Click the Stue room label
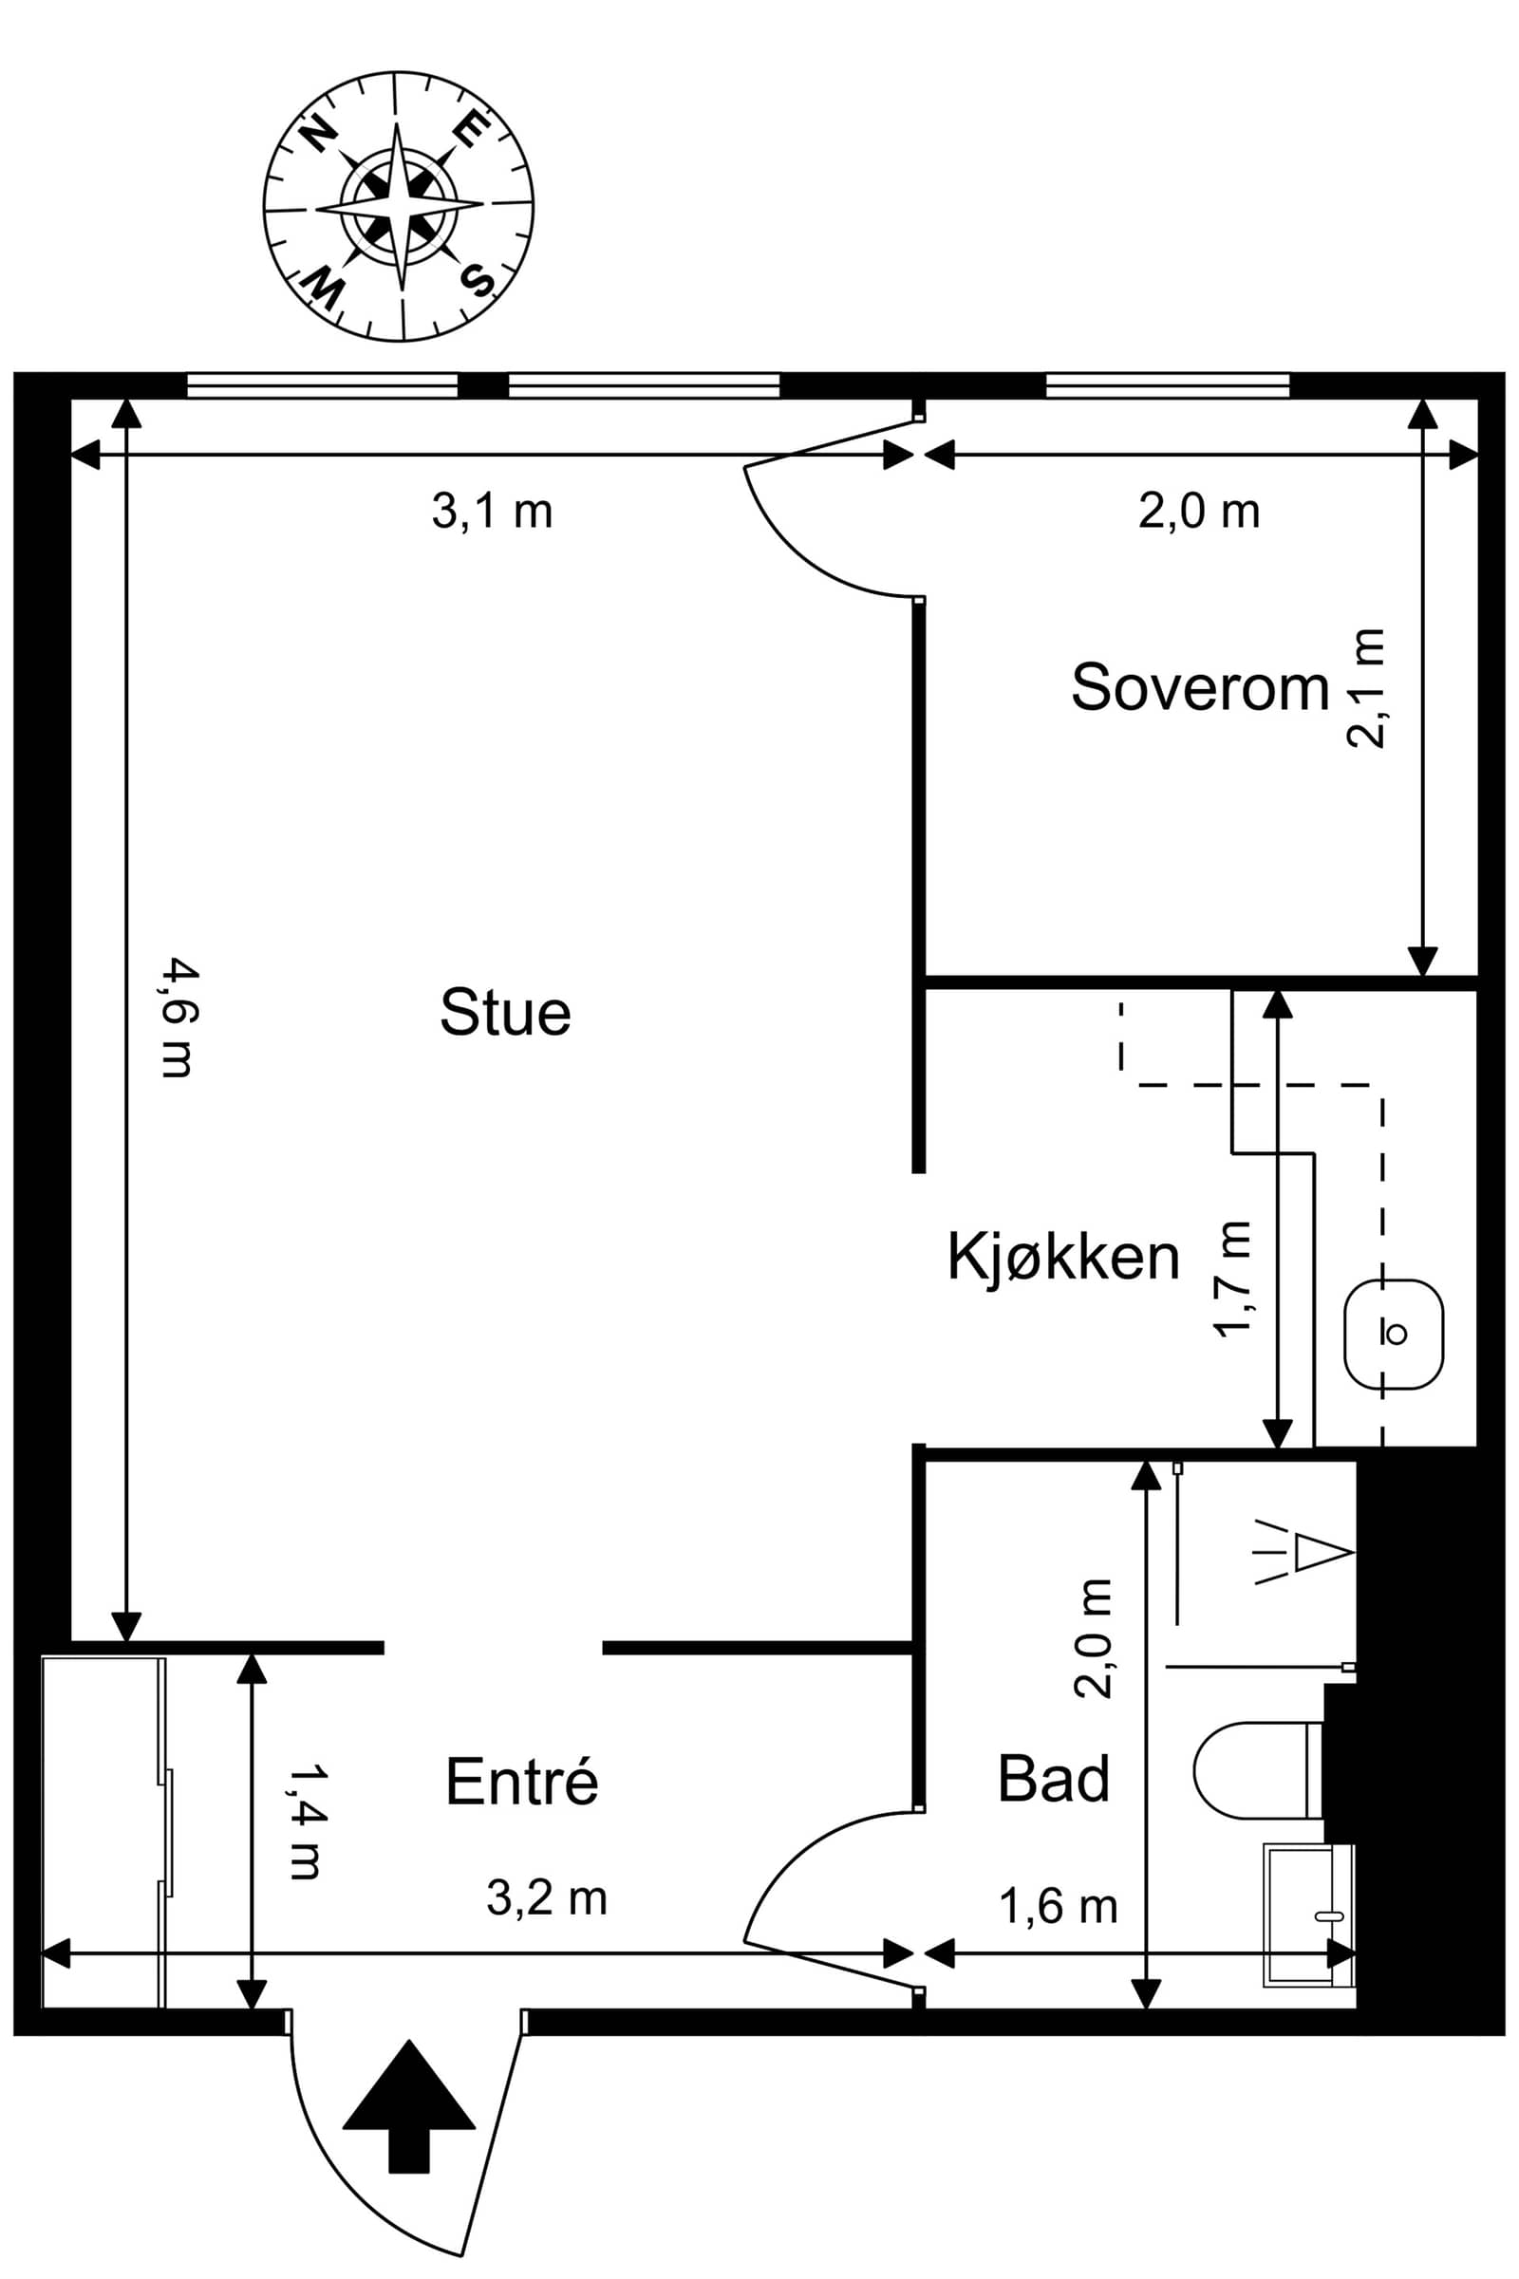(506, 1012)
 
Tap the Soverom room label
(1200, 686)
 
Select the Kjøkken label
(1063, 1258)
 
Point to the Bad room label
(1054, 1778)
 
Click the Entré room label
(522, 1780)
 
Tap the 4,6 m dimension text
(178, 1017)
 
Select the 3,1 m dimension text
(492, 511)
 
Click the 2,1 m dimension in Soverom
(1367, 687)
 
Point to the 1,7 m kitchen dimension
(1233, 1280)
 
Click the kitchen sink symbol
(1394, 1335)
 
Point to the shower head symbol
(1303, 1553)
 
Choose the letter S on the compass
(478, 280)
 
